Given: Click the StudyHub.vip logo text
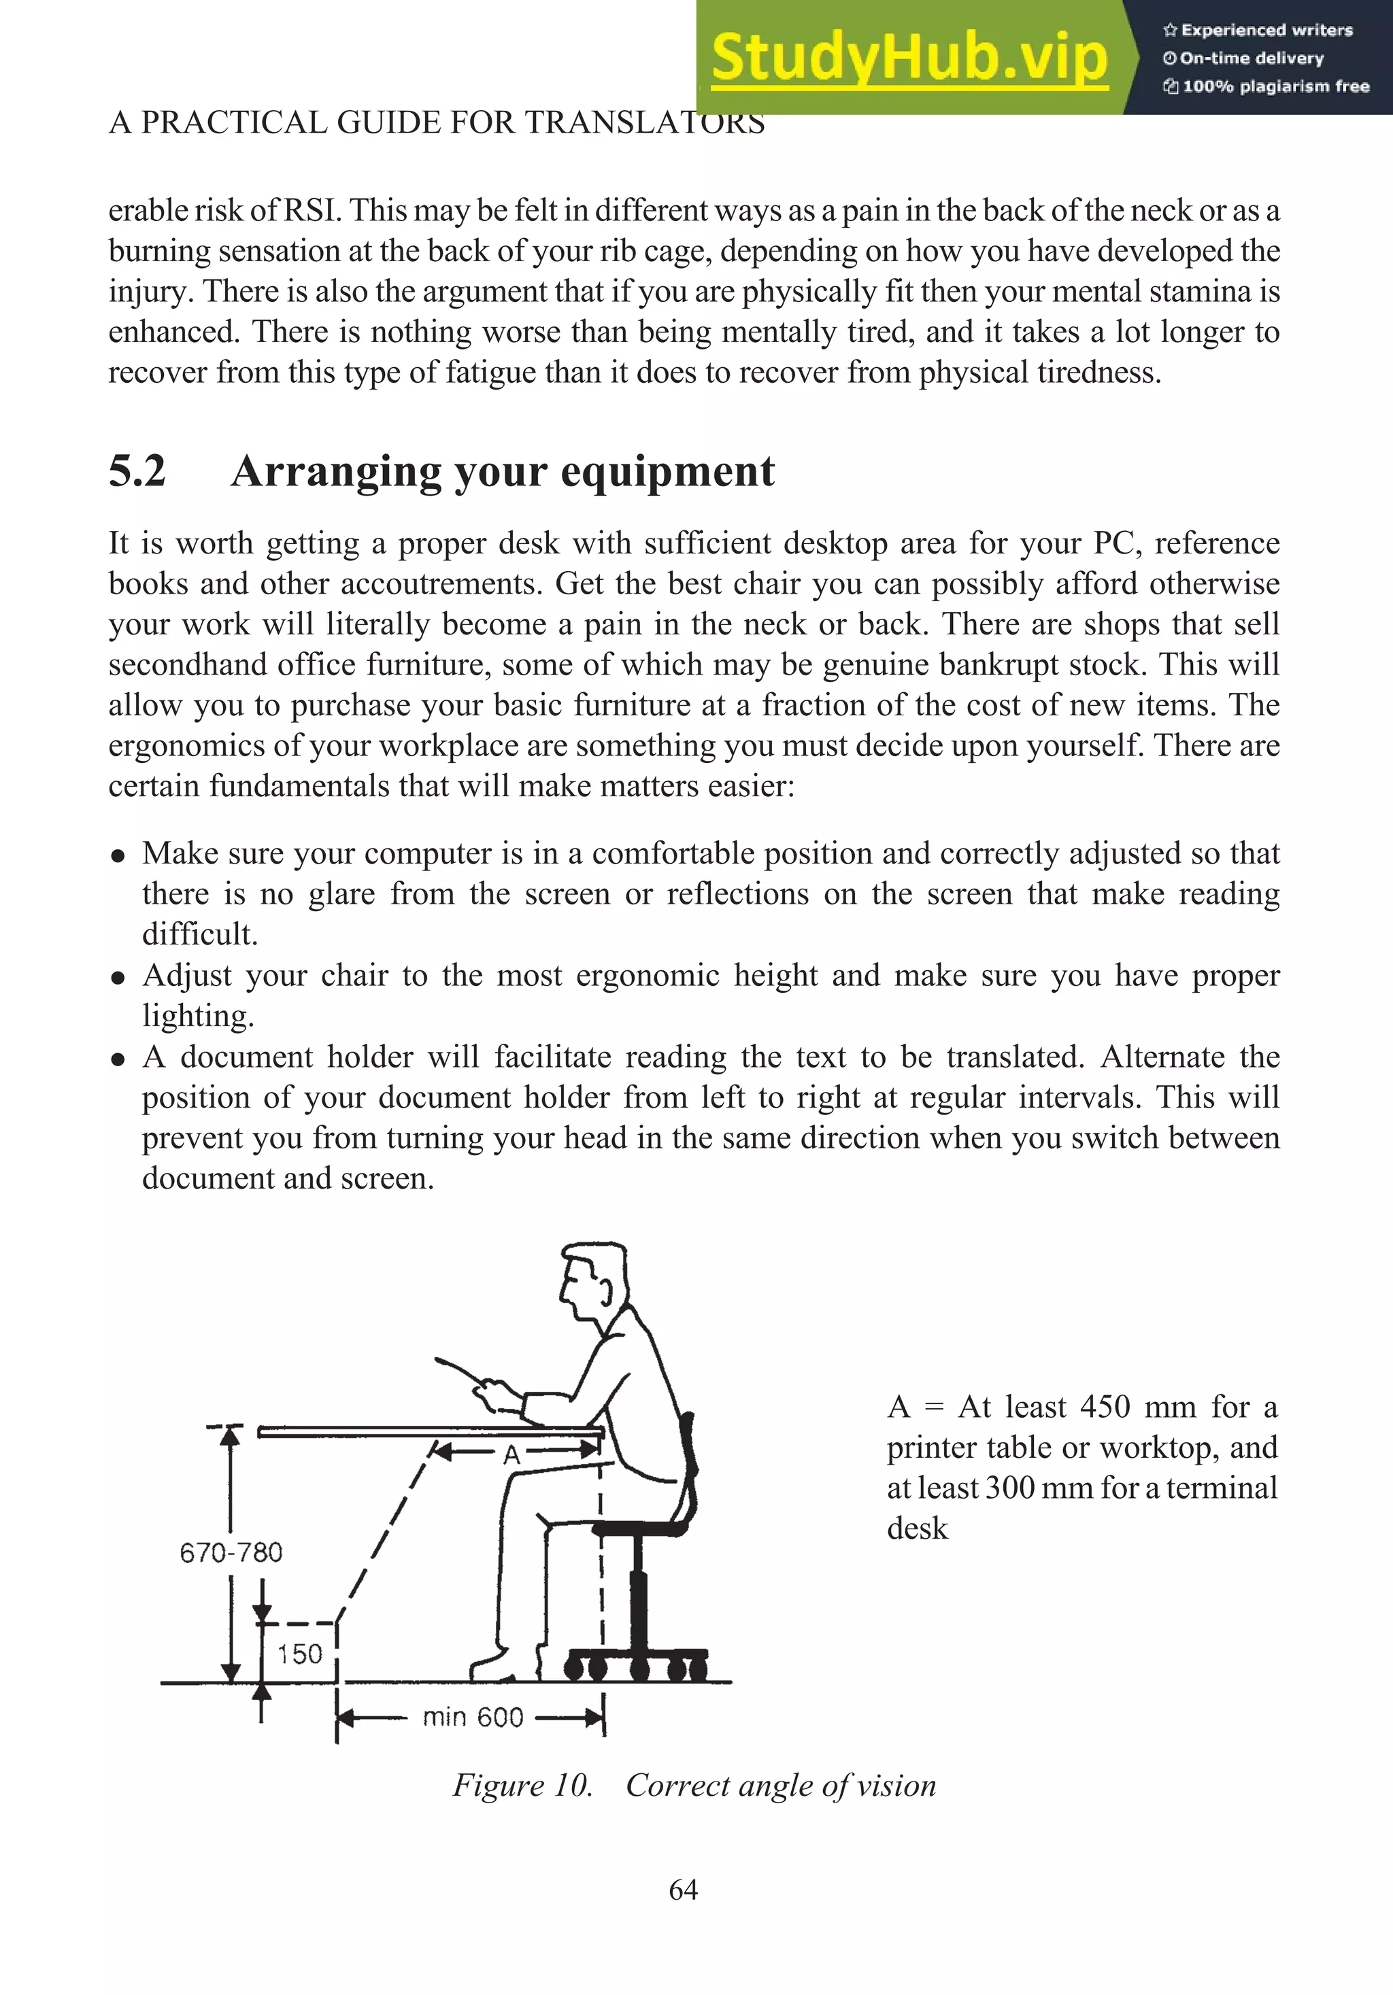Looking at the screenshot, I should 909,57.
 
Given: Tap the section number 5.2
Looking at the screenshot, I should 137,472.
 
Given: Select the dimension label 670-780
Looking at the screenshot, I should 231,1553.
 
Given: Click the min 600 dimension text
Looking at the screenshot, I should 473,1718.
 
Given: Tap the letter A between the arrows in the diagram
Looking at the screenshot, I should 512,1454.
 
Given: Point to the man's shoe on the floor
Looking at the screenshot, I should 500,1666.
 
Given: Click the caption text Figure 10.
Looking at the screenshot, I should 522,1786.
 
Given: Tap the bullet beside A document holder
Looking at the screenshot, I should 118,1059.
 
